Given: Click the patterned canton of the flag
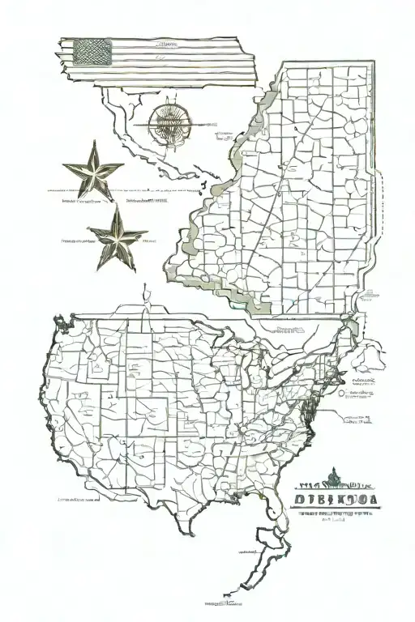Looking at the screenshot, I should pyautogui.click(x=92, y=52).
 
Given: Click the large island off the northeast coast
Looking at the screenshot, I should pyautogui.click(x=372, y=354).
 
